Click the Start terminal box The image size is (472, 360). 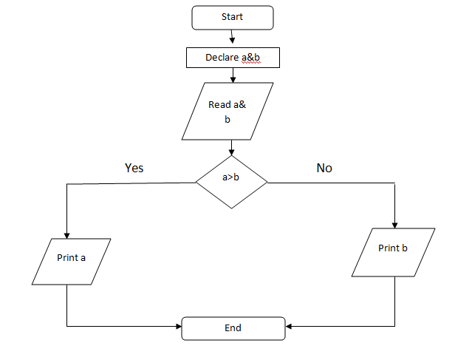(232, 17)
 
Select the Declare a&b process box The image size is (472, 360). (232, 57)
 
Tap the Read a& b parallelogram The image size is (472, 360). (228, 111)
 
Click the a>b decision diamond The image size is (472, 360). (231, 182)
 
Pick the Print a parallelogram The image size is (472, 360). (72, 261)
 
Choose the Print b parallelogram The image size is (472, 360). (394, 251)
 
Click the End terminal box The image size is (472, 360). (233, 328)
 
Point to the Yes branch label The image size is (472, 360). (134, 168)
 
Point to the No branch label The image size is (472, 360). (324, 168)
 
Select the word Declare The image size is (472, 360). (222, 57)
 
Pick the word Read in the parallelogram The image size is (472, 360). (219, 105)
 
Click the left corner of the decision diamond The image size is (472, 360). (196, 182)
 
